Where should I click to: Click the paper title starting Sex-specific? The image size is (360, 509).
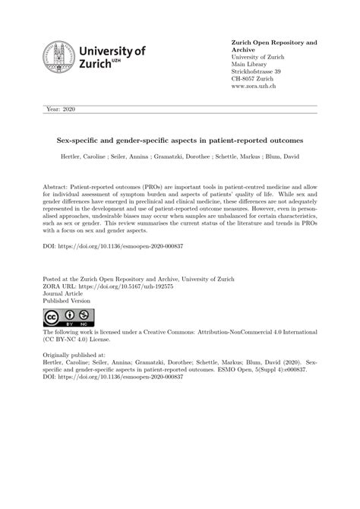click(x=180, y=140)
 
